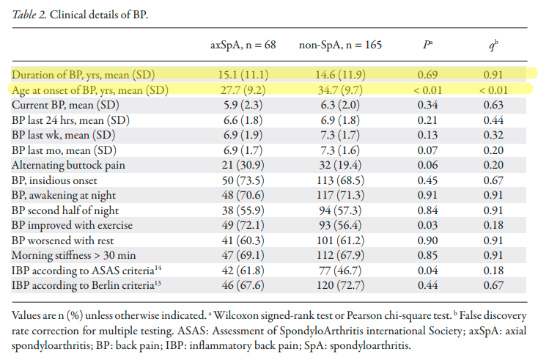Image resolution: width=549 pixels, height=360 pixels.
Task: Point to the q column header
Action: pyautogui.click(x=494, y=45)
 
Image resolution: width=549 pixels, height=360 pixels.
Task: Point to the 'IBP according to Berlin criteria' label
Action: pyautogui.click(x=85, y=285)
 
